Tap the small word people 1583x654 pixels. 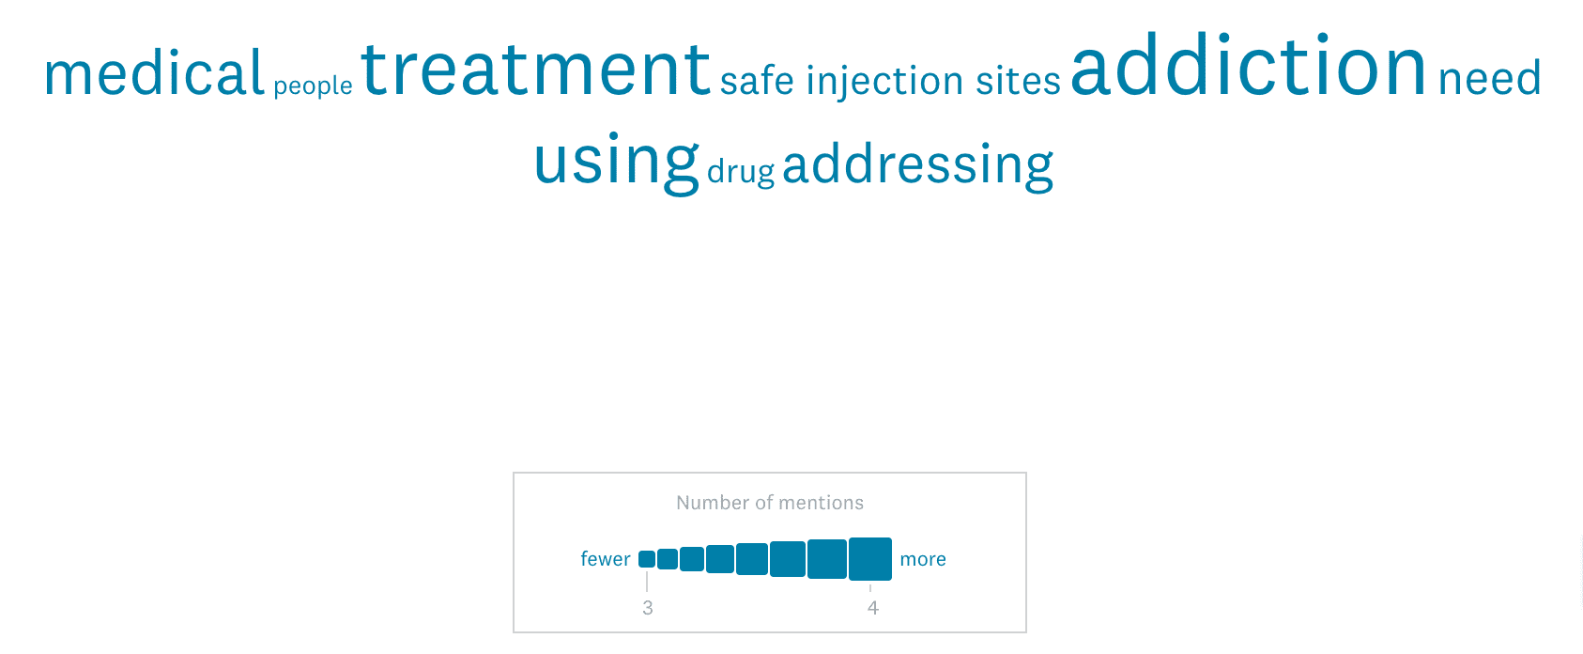pos(313,86)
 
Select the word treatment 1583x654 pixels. pos(536,69)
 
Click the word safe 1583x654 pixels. pos(757,80)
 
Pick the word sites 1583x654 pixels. pos(1019,81)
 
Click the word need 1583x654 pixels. pos(1490,79)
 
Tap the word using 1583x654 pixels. pos(617,163)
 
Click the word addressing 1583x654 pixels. pos(918,165)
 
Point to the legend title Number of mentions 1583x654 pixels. pos(770,503)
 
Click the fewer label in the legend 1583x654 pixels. pos(605,558)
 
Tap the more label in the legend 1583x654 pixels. pos(923,559)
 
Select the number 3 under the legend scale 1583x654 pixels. pos(647,608)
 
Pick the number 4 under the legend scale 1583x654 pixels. pos(873,608)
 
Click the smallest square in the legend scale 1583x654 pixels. pos(647,559)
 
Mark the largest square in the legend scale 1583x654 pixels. pos(870,559)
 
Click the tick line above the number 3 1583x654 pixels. pos(647,581)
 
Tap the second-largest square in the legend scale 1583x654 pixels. pos(827,559)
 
